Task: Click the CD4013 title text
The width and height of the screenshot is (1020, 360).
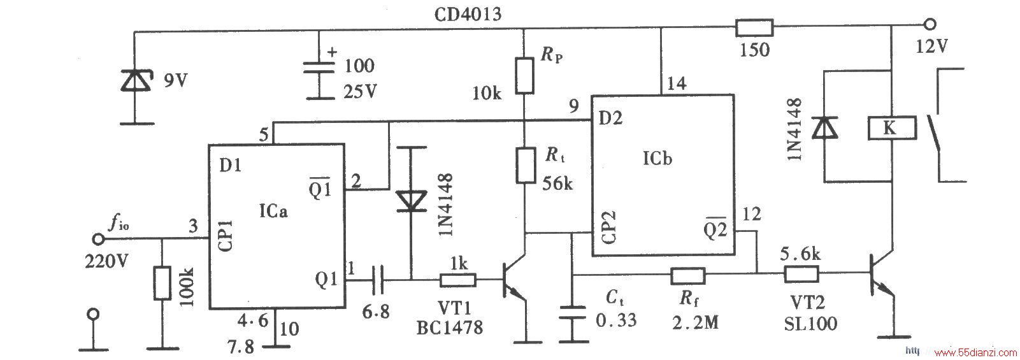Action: click(x=467, y=14)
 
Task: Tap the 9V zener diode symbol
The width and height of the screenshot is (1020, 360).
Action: click(x=135, y=80)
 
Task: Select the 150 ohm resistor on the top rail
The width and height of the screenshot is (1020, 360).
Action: click(x=754, y=27)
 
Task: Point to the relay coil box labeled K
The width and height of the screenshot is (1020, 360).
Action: click(x=892, y=128)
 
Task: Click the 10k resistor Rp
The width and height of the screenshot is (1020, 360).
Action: click(x=524, y=76)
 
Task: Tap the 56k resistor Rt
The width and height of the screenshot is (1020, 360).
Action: click(x=525, y=165)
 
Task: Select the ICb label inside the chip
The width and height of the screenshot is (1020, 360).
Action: click(x=657, y=159)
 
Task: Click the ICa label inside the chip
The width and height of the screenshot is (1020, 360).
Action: click(x=273, y=211)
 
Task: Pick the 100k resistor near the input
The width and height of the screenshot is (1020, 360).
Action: click(x=162, y=283)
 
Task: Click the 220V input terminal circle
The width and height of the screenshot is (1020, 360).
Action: click(x=98, y=238)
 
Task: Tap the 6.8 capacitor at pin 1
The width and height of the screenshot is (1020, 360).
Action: click(x=378, y=280)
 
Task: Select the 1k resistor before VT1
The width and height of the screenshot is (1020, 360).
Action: click(x=458, y=280)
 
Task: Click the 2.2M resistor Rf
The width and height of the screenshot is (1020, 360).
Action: click(x=687, y=275)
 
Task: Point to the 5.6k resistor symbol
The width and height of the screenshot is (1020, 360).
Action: click(x=801, y=274)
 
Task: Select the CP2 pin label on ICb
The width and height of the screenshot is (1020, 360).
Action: click(x=608, y=227)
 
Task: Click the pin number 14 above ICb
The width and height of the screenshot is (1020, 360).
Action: click(x=677, y=83)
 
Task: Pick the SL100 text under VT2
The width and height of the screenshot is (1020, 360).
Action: click(x=810, y=324)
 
